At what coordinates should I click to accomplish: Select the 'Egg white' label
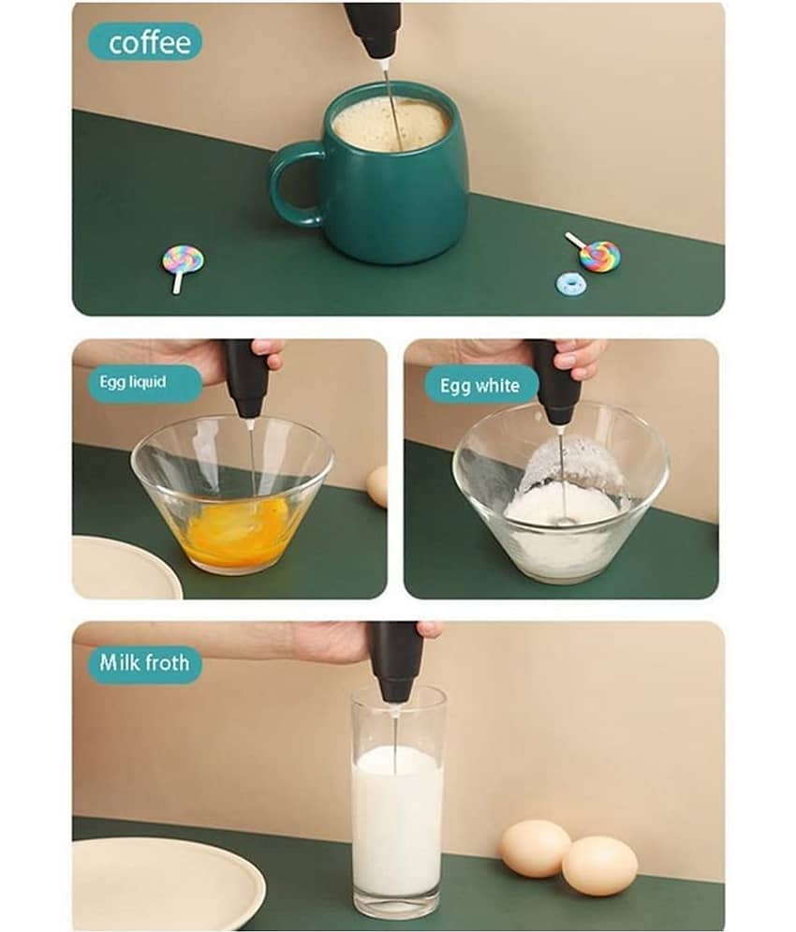tap(480, 386)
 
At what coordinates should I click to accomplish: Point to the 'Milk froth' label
tap(144, 663)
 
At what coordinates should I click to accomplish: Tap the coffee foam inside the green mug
tap(391, 125)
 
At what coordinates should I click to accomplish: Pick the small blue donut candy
tap(572, 284)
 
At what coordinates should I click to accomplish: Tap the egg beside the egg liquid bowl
tap(377, 485)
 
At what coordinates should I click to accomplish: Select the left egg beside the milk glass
tap(535, 849)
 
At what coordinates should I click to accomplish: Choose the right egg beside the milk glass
tap(600, 865)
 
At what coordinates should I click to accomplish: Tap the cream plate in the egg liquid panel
tap(125, 568)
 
